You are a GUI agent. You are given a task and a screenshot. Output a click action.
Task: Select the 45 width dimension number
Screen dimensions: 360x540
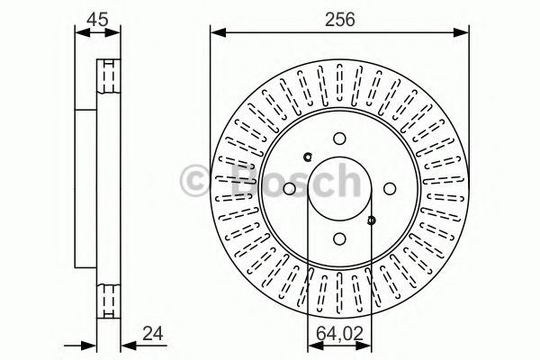[x=97, y=18]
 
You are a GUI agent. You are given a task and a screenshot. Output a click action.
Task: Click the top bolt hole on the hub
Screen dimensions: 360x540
[x=339, y=139]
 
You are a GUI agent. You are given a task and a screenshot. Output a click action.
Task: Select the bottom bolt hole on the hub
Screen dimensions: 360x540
[x=339, y=238]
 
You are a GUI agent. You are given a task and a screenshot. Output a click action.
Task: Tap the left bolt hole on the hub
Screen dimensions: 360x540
[x=289, y=189]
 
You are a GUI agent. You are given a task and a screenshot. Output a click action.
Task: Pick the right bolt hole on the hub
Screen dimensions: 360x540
[x=389, y=189]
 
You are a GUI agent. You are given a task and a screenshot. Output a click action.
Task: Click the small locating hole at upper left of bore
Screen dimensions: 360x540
[x=308, y=158]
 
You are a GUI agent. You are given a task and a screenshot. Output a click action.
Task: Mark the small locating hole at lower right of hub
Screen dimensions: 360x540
[x=371, y=219]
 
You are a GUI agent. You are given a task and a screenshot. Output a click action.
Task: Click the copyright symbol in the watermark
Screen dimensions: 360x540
[x=197, y=179]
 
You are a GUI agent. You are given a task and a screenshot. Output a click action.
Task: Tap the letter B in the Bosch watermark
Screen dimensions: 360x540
[x=230, y=180]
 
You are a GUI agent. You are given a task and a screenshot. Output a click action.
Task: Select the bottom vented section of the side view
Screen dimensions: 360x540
[x=108, y=301]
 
